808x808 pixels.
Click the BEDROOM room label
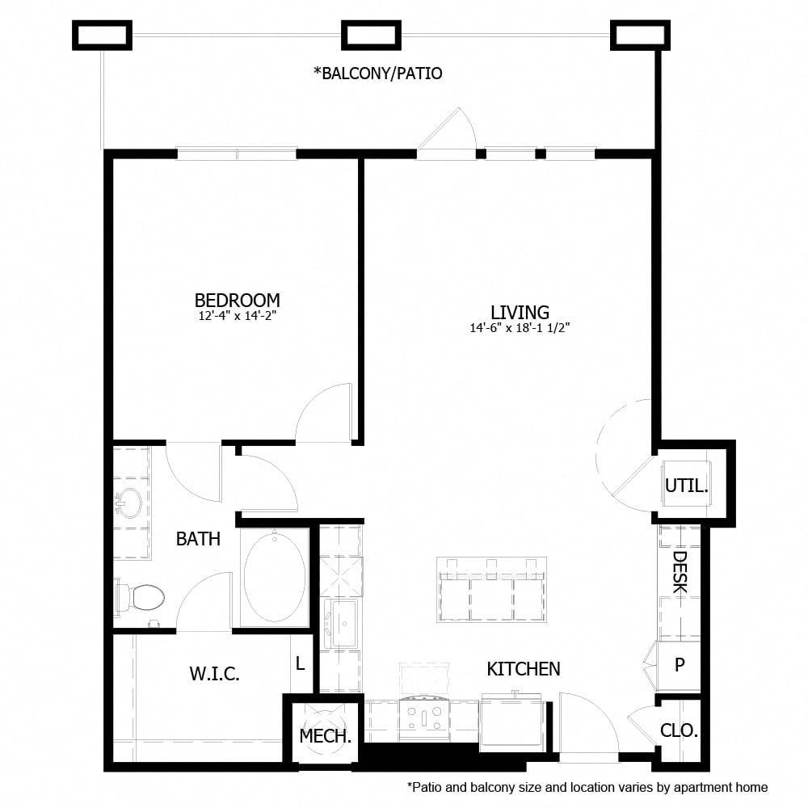point(237,301)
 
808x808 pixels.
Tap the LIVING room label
point(520,312)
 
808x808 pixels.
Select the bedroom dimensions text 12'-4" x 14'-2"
point(237,317)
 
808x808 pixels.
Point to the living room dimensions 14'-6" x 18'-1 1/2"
point(520,328)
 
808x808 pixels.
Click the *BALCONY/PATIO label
point(377,74)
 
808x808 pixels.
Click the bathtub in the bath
point(275,576)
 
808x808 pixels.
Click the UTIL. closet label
point(686,486)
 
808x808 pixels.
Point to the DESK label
point(680,572)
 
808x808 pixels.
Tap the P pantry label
point(680,664)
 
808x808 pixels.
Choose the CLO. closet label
point(679,730)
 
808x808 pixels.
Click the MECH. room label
point(325,736)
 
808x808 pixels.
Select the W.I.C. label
point(214,674)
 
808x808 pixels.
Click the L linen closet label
point(300,664)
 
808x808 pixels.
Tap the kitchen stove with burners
point(424,718)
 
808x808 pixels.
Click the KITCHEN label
point(523,669)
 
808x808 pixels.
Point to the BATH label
point(198,539)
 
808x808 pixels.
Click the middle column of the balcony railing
point(372,35)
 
